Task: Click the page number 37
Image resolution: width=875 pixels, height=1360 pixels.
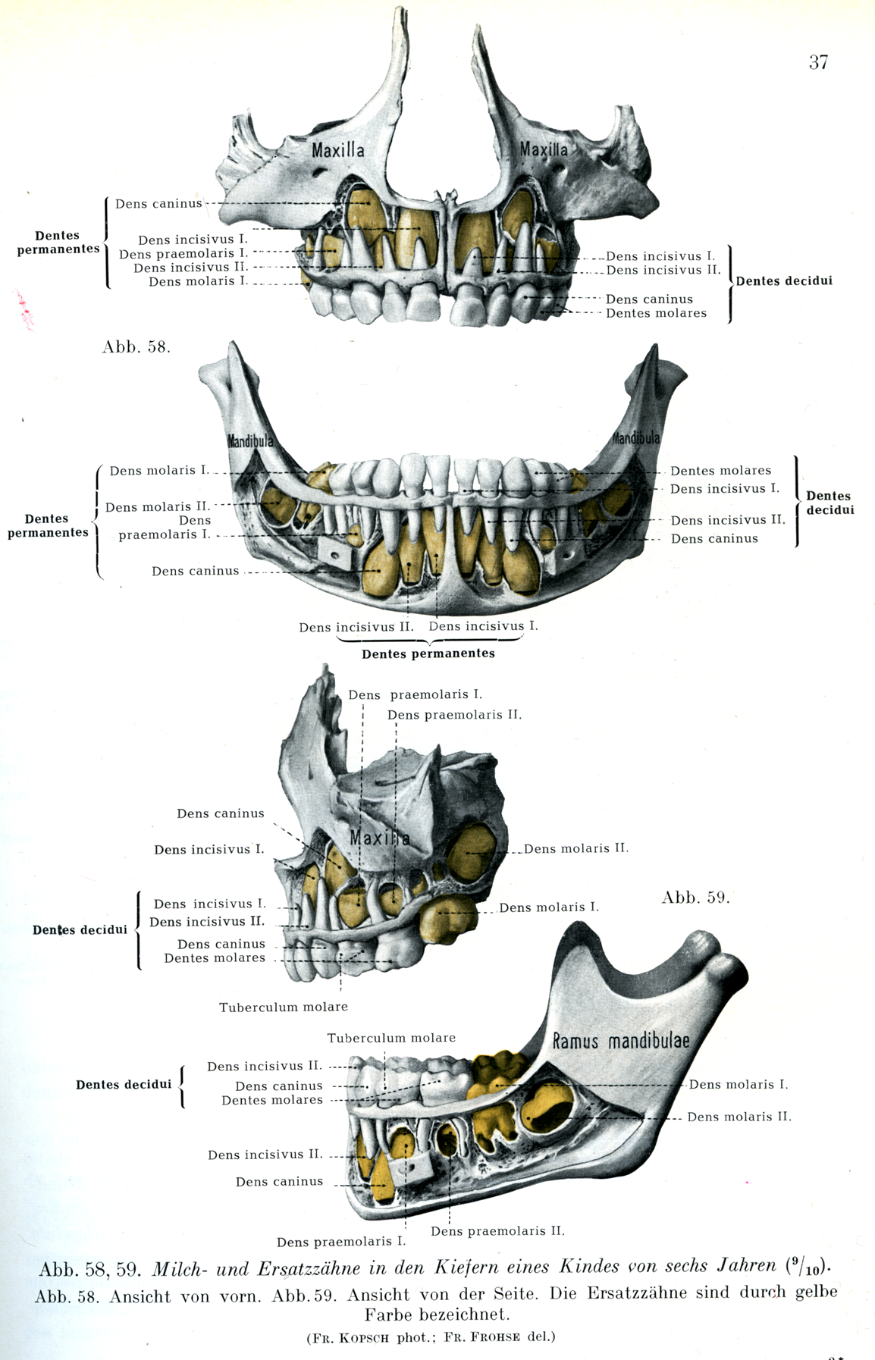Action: pyautogui.click(x=818, y=62)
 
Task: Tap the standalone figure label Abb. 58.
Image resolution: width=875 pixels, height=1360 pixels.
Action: pyautogui.click(x=136, y=347)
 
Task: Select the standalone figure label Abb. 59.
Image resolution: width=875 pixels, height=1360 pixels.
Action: pyautogui.click(x=695, y=898)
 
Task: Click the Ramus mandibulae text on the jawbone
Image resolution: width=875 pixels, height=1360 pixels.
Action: pyautogui.click(x=621, y=1040)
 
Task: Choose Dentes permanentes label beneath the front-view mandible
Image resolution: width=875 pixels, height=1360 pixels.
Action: pyautogui.click(x=428, y=653)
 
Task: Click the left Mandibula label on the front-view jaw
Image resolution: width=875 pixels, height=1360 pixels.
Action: pyautogui.click(x=250, y=440)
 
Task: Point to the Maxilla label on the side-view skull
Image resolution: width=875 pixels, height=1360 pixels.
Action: pyautogui.click(x=379, y=838)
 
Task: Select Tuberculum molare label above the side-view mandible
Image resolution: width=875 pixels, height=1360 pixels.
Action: pyautogui.click(x=391, y=1038)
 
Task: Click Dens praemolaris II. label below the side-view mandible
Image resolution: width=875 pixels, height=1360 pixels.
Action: pyautogui.click(x=497, y=1230)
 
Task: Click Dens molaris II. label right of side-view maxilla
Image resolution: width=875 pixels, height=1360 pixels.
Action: pyautogui.click(x=575, y=848)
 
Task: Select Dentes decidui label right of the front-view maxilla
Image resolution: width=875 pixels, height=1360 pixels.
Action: pyautogui.click(x=784, y=280)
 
